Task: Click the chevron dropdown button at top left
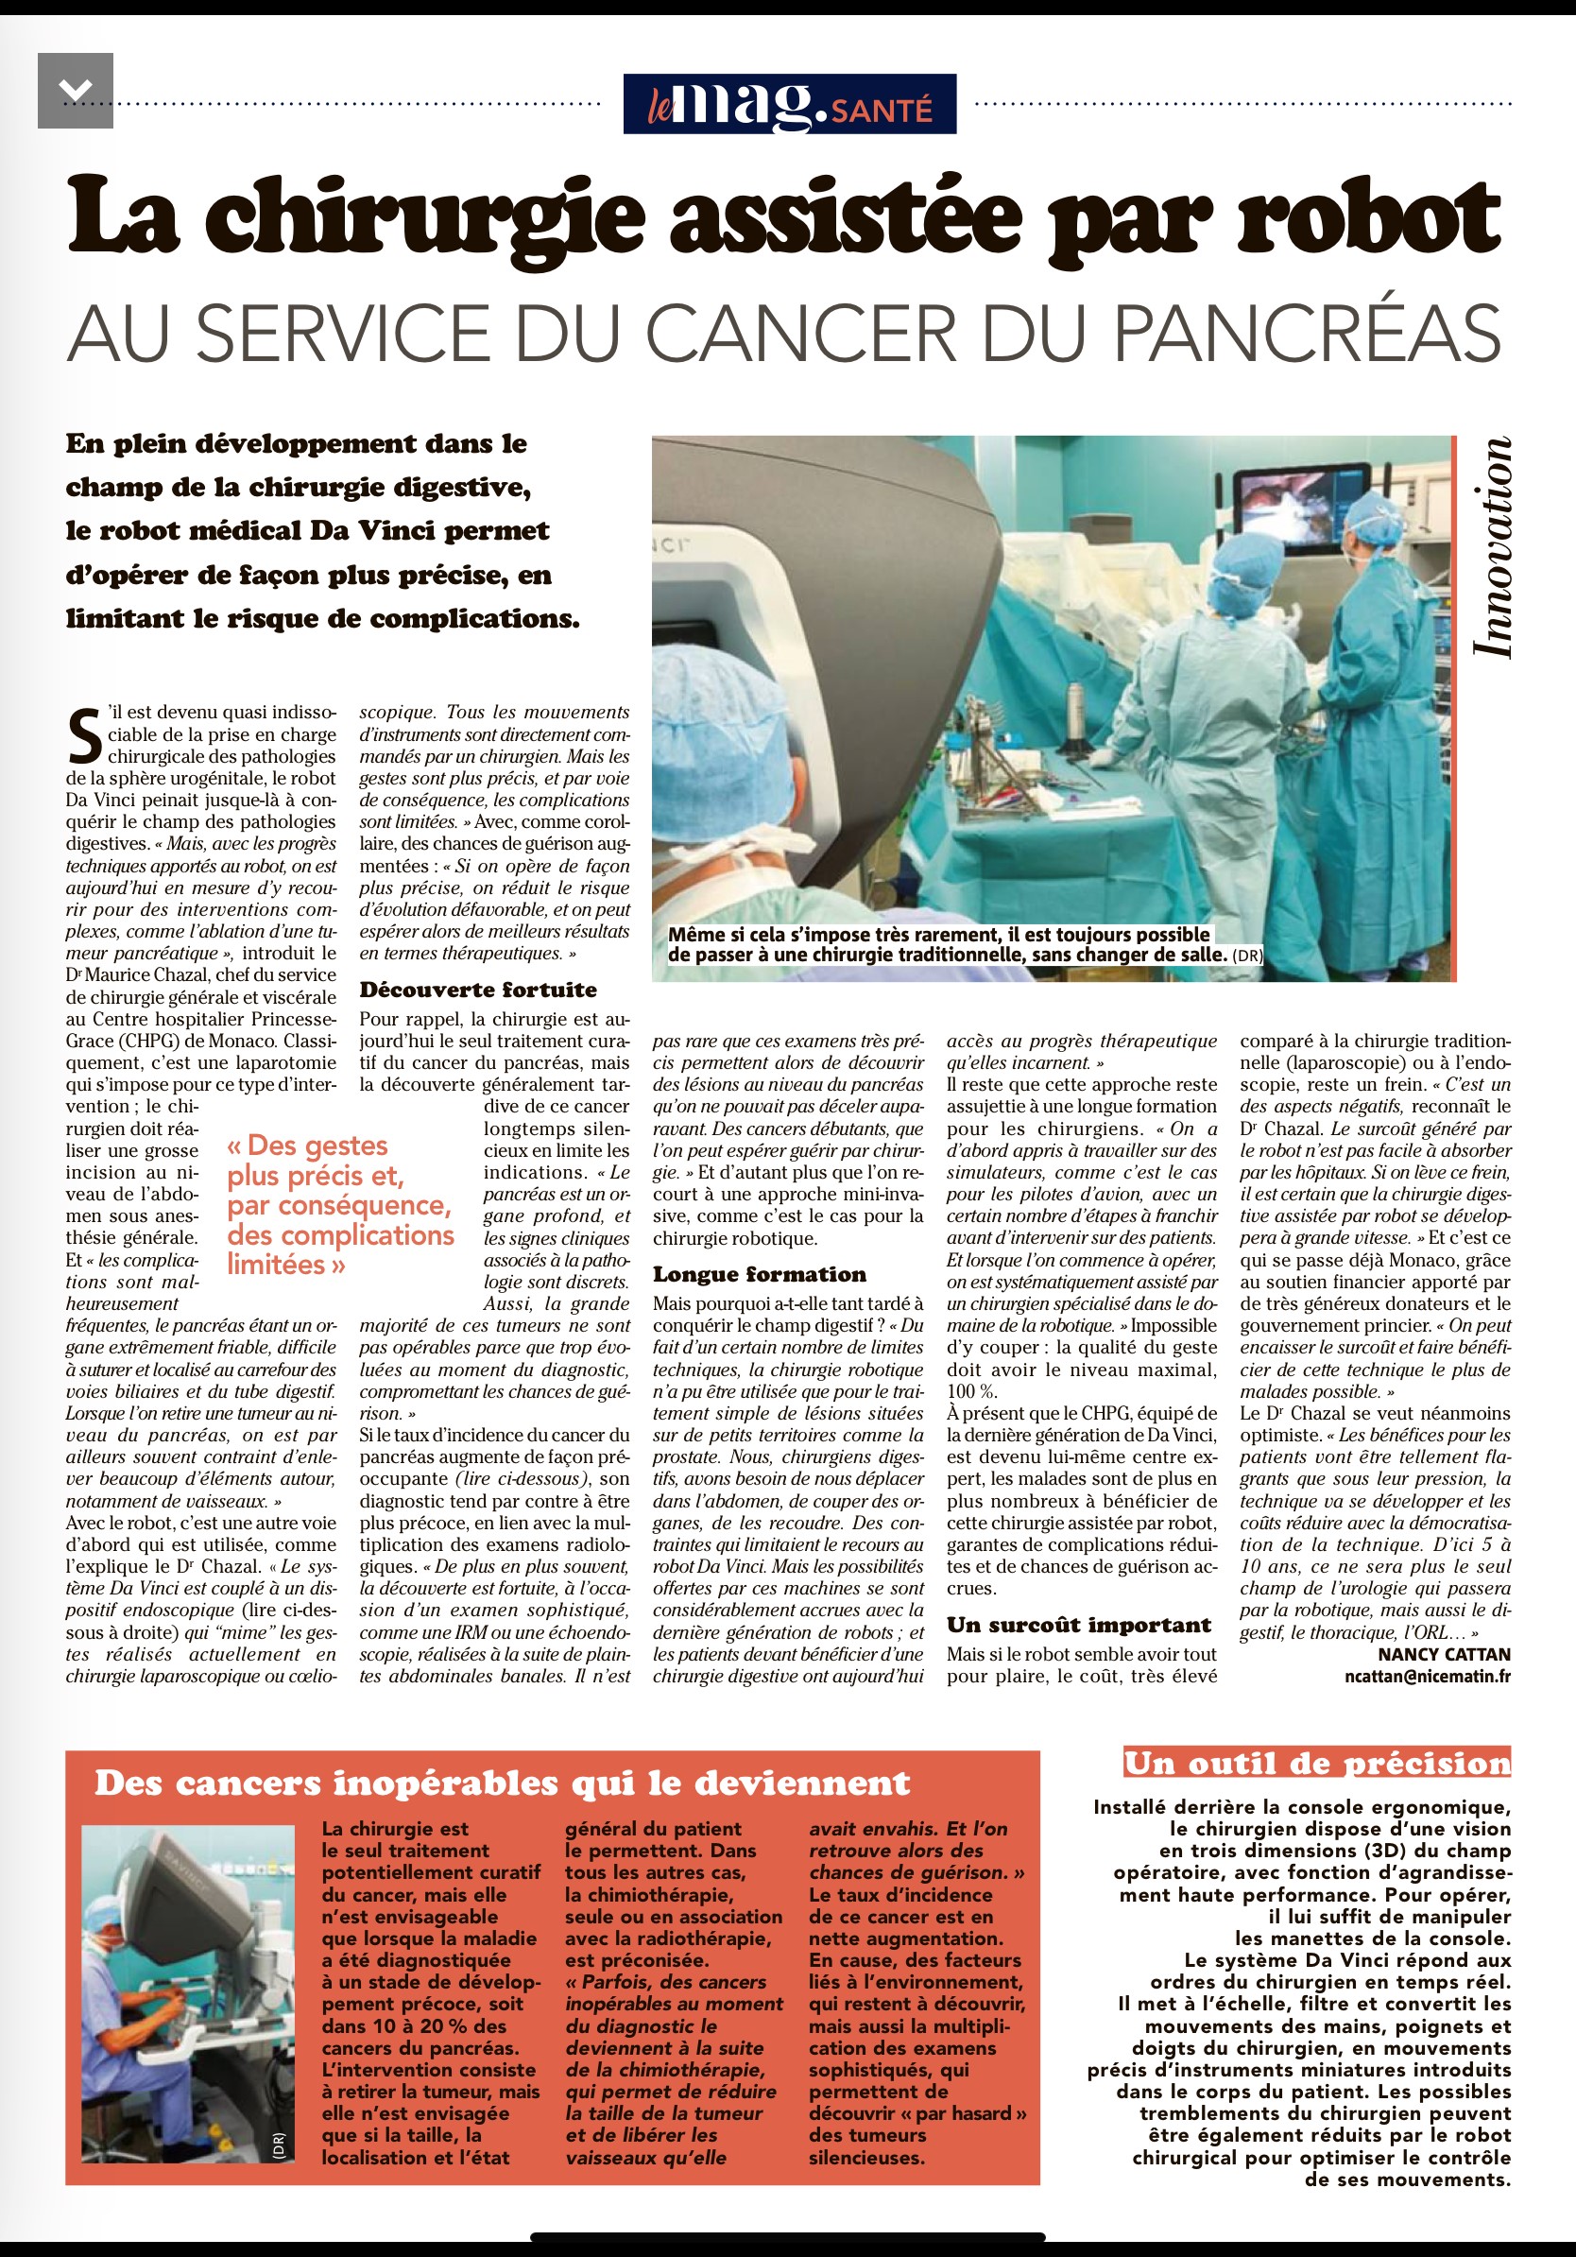(x=76, y=91)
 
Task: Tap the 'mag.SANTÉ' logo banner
(x=789, y=104)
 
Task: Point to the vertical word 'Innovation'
(x=1491, y=547)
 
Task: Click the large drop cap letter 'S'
(x=84, y=737)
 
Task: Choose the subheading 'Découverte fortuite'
(x=477, y=990)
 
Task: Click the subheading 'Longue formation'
(x=760, y=1275)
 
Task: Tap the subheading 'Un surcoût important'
(x=1079, y=1625)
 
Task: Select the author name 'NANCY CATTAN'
(x=1444, y=1654)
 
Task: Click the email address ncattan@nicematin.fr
(x=1427, y=1677)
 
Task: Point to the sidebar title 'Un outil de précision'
(x=1316, y=1763)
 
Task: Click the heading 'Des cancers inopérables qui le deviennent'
(x=502, y=1783)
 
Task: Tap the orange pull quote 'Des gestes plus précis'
(x=340, y=1204)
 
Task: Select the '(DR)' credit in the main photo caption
(x=1247, y=955)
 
